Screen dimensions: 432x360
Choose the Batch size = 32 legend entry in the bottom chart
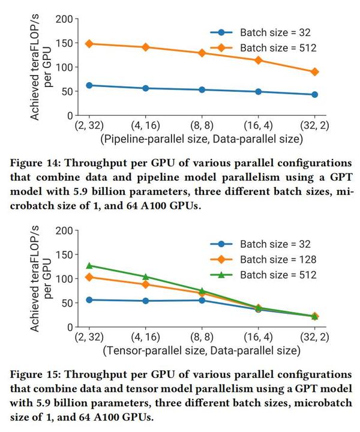click(x=264, y=244)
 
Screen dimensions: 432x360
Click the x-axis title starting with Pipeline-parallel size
click(x=201, y=139)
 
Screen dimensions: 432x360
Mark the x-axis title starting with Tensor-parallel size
click(x=201, y=350)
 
